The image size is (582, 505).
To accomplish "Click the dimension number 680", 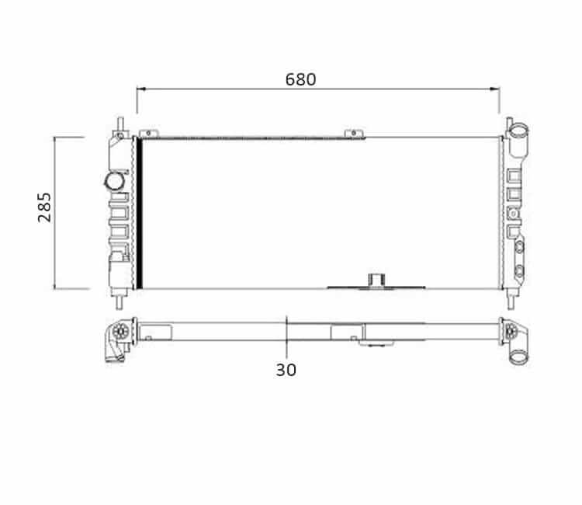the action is point(300,79).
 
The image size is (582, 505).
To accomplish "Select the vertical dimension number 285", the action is point(44,207).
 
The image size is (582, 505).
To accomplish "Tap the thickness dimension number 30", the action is point(286,370).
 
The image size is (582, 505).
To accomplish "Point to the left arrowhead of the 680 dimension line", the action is point(141,89).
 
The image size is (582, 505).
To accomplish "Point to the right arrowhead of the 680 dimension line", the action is point(495,89).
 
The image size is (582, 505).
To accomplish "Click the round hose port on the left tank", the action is point(114,181).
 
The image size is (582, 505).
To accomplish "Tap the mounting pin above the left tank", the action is point(120,124).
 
